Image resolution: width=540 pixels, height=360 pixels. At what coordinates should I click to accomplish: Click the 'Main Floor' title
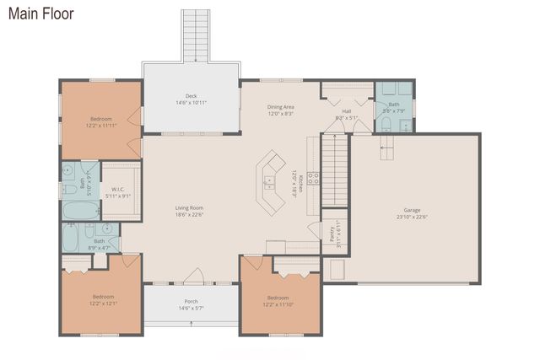point(40,13)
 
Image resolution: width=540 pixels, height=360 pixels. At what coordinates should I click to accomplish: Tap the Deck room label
point(192,99)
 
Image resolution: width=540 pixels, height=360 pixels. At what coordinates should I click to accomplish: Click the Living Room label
point(189,211)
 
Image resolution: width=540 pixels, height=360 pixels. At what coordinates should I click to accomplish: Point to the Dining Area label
point(280,110)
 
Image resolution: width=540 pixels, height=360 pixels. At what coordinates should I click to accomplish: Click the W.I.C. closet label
point(118,192)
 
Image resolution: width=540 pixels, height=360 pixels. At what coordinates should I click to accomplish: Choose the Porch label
point(192,304)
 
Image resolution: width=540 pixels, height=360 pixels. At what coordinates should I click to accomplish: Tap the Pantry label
point(333,232)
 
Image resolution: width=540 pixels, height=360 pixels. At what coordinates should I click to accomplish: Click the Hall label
point(346,114)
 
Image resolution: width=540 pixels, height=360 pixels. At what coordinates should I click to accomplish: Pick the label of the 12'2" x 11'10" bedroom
point(278,300)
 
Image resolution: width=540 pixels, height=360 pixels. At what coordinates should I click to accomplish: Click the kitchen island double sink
point(270,180)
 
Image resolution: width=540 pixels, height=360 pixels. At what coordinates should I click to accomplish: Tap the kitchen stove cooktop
point(312,178)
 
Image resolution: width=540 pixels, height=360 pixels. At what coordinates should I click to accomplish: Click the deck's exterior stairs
point(195,35)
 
